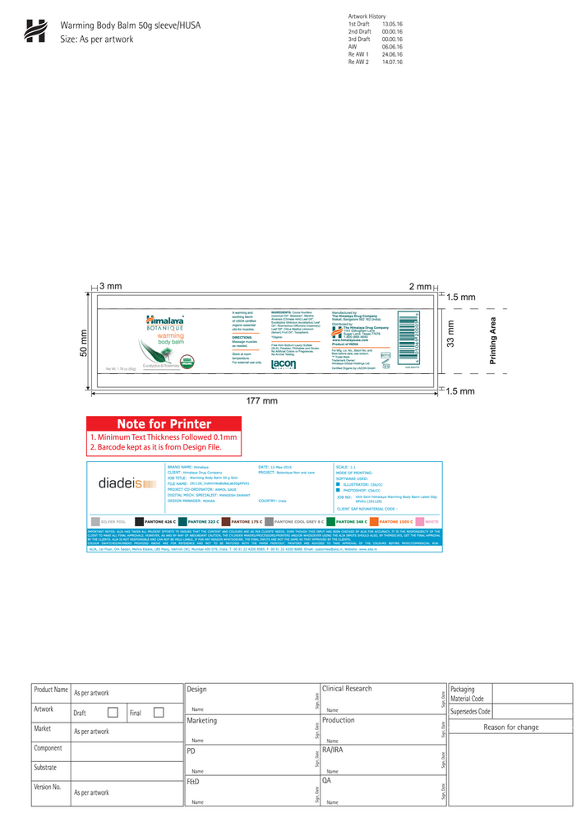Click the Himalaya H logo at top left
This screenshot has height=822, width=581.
point(35,30)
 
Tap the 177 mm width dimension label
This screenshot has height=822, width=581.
point(262,400)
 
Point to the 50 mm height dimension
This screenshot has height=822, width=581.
point(83,343)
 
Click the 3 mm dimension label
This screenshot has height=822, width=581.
point(110,286)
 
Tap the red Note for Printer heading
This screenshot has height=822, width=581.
point(164,424)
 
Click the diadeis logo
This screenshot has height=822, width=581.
point(122,483)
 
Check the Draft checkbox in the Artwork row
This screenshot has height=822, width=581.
point(113,713)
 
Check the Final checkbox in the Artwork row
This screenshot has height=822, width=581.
point(159,713)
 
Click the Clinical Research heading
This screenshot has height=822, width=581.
point(347,689)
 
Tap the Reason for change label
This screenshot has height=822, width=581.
point(510,727)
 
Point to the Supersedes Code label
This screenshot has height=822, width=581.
point(470,711)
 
